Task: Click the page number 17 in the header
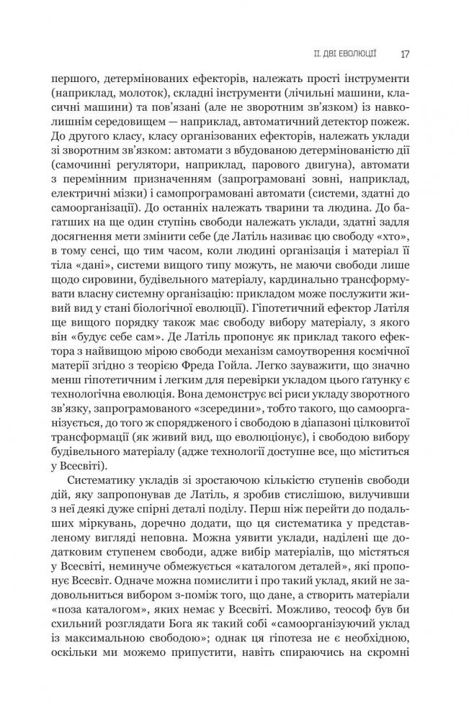pos(406,53)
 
